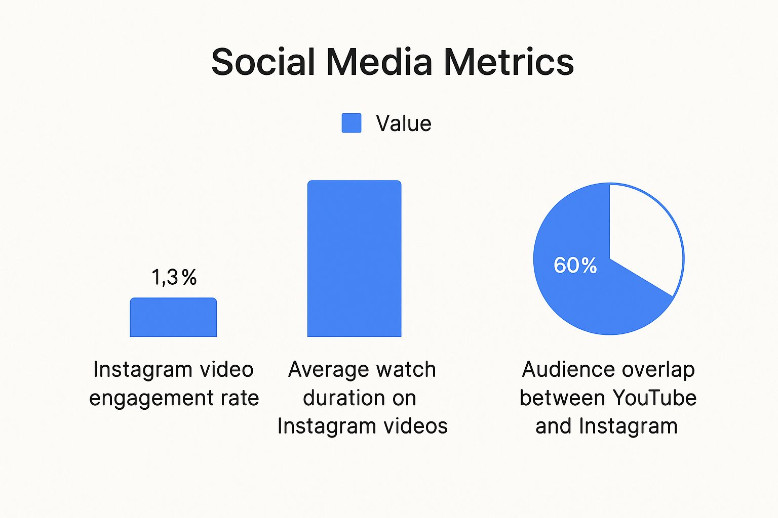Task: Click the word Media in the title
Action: (x=379, y=62)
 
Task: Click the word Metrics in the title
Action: (x=509, y=62)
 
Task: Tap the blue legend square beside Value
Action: (x=352, y=123)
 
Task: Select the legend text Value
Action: (x=403, y=123)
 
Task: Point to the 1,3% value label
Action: (x=174, y=277)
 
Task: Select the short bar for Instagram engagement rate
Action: (x=173, y=318)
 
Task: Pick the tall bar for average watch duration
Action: (x=354, y=258)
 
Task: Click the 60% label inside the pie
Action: (x=575, y=265)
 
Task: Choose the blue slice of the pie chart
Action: (x=582, y=298)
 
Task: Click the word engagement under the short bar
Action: (x=150, y=399)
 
